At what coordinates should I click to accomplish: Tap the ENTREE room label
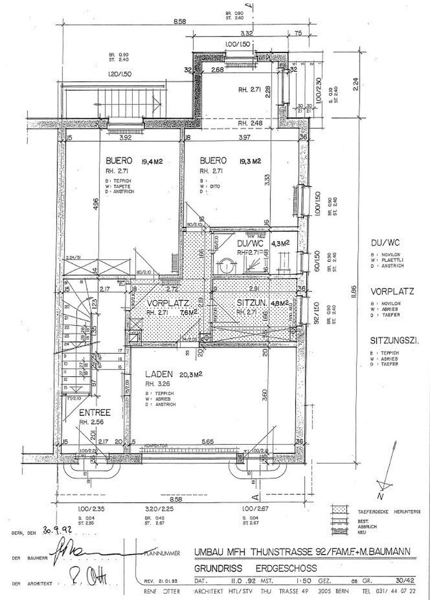[x=95, y=413]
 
